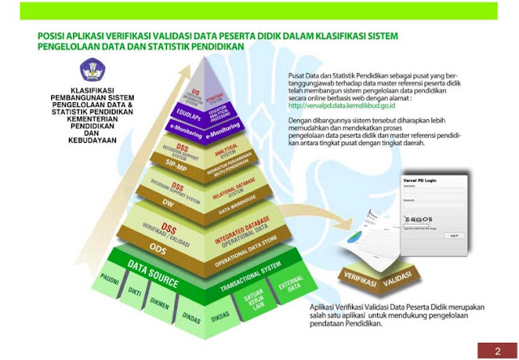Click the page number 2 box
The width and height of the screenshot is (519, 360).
pyautogui.click(x=497, y=350)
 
